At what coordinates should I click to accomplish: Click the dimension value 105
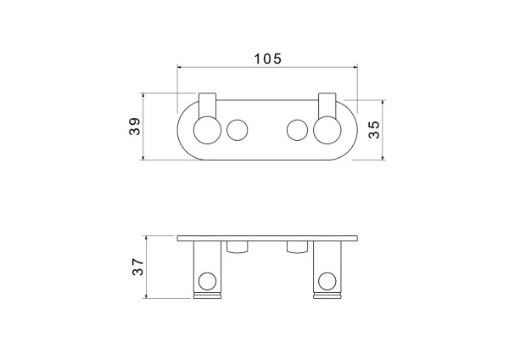(267, 59)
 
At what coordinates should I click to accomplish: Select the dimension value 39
(134, 126)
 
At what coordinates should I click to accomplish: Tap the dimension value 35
(374, 129)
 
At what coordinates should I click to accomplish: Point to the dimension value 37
(137, 267)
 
